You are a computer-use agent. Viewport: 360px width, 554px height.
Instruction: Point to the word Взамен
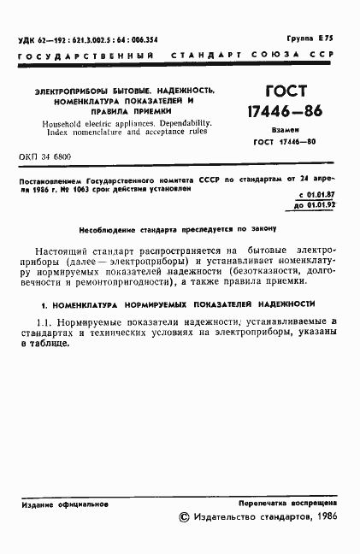(278, 131)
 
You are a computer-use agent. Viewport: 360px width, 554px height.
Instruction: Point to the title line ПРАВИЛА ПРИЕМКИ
(125, 112)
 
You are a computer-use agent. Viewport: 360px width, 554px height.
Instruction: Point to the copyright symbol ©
(182, 518)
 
